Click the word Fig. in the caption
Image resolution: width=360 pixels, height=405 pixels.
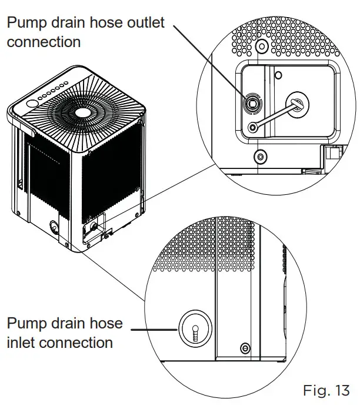pos(316,390)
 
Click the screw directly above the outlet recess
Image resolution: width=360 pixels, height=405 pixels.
pos(262,45)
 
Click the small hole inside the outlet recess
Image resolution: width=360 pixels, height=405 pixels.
pos(279,75)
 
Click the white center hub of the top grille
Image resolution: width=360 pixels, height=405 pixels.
pos(82,111)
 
